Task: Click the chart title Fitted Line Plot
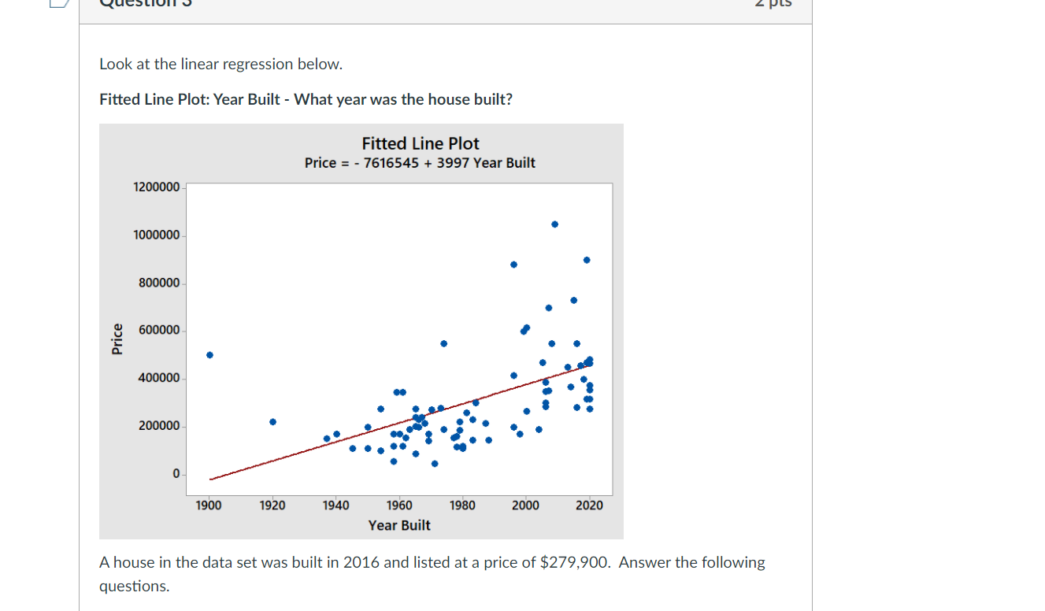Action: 421,143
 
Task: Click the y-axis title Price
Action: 117,339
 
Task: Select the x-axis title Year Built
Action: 399,525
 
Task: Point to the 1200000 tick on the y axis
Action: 157,187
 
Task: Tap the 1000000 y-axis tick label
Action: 157,235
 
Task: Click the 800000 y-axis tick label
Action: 159,283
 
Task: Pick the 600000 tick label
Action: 159,330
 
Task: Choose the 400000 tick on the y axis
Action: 159,379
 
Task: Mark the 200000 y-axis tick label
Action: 159,426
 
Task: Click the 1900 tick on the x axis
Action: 209,505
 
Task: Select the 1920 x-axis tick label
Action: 272,505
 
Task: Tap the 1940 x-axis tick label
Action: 336,505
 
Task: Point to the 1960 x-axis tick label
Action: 399,505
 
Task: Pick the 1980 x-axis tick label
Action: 462,505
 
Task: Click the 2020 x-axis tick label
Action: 589,505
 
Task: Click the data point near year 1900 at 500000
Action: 209,355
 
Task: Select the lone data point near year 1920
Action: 272,422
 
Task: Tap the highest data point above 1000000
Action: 554,224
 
